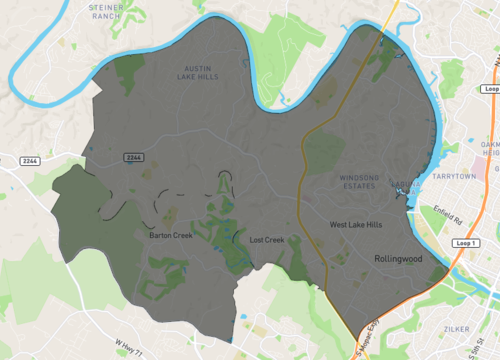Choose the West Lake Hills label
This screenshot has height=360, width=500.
pos(356,225)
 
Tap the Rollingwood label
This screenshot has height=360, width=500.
pos(398,258)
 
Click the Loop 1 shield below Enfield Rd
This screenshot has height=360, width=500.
pos(461,244)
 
